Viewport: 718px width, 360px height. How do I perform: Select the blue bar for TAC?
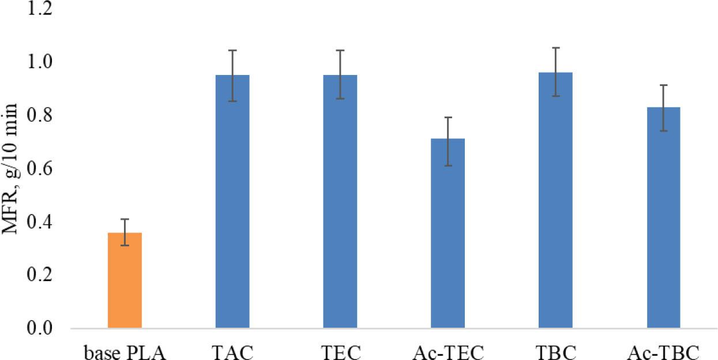coord(232,202)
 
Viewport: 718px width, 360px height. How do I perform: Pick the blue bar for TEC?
coord(340,202)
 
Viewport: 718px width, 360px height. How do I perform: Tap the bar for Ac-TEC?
coord(448,234)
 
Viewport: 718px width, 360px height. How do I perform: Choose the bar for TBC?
coord(556,200)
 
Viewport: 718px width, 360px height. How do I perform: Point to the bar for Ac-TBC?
coord(664,218)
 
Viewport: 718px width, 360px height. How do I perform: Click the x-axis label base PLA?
coord(125,351)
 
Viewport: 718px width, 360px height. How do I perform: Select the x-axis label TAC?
coord(232,351)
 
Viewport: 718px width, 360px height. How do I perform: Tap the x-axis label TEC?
coord(340,351)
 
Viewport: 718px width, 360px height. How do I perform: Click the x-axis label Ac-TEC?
coord(448,351)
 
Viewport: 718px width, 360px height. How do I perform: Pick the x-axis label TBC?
coord(556,351)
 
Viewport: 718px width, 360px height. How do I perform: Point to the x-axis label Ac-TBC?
coord(664,351)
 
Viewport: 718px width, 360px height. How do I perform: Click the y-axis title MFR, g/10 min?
coord(12,168)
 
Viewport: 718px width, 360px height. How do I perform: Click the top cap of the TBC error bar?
coord(556,48)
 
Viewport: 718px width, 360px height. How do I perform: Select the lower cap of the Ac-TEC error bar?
coord(448,166)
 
